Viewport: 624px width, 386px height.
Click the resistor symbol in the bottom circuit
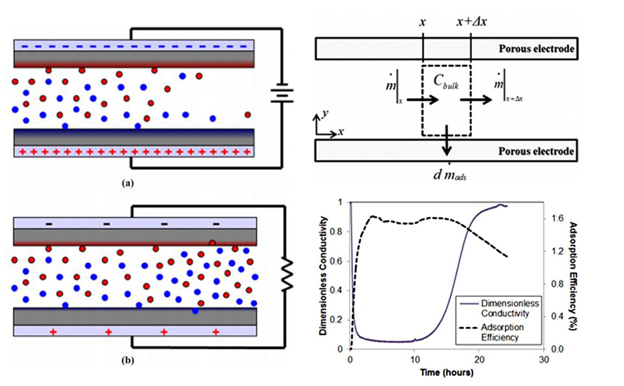[x=285, y=275]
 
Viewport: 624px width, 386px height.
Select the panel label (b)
[x=127, y=360]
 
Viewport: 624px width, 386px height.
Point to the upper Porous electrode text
[x=536, y=49]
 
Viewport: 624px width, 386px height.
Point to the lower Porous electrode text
[x=536, y=151]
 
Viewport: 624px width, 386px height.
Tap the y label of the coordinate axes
[x=325, y=113]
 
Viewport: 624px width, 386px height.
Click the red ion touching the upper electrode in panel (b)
[x=211, y=243]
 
